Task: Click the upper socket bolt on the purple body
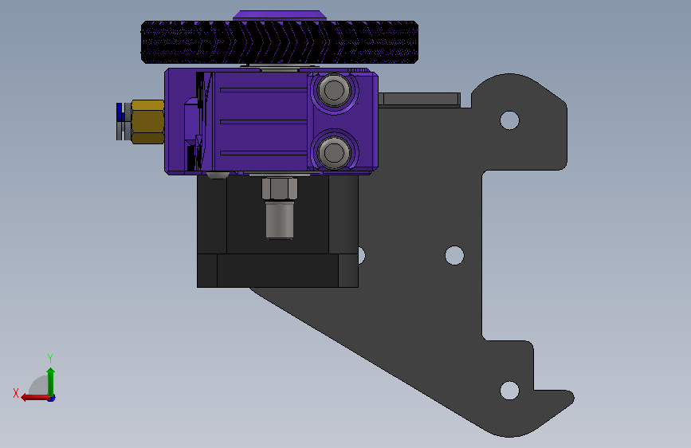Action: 334,91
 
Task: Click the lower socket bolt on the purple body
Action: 334,152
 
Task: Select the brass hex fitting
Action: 147,122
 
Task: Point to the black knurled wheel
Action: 280,42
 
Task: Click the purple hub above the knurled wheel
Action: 280,15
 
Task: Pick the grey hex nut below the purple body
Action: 280,189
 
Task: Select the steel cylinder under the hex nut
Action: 280,219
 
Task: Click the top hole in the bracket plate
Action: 509,120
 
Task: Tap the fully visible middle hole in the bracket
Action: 454,255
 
